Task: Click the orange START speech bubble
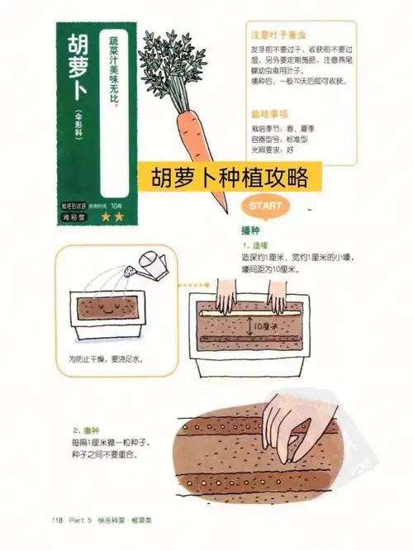click(x=262, y=206)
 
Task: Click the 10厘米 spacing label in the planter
click(x=269, y=327)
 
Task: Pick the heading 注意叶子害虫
click(x=278, y=36)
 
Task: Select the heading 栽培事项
click(x=268, y=115)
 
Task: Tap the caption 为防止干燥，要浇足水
click(x=106, y=360)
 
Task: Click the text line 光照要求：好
click(x=273, y=151)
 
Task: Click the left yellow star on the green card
click(x=105, y=216)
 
